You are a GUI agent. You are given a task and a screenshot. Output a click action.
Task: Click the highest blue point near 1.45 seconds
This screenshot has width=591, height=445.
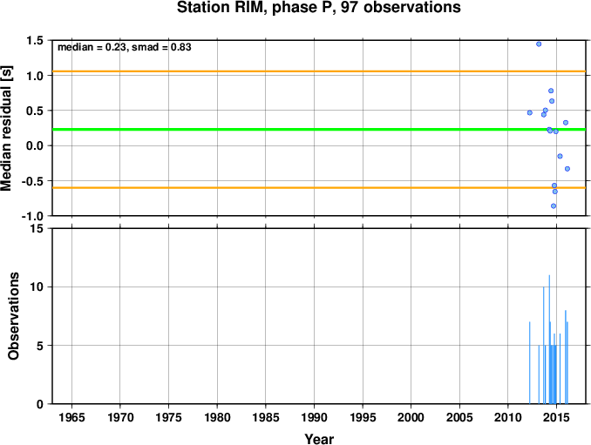539,44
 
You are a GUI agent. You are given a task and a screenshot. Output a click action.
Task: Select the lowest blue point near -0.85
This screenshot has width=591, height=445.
554,206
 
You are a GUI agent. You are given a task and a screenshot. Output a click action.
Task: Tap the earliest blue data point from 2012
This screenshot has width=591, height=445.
530,112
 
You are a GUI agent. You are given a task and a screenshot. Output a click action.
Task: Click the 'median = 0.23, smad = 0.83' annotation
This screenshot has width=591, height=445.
125,47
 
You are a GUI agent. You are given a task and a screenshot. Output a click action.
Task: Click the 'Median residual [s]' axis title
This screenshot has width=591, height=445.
6,128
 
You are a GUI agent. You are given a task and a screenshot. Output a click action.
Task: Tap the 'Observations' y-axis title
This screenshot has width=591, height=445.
14,316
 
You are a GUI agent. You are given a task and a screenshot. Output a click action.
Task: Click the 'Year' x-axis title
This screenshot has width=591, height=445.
319,439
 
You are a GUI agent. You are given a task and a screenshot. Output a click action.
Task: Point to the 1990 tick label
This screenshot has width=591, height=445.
314,417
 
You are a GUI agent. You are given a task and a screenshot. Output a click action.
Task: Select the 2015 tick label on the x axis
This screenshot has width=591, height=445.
556,417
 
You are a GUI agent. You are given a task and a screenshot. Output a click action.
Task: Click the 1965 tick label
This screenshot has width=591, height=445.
71,417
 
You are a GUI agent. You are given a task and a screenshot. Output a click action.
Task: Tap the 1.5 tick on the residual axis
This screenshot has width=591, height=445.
35,40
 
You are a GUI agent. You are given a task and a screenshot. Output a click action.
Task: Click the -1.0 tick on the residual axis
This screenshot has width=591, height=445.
32,216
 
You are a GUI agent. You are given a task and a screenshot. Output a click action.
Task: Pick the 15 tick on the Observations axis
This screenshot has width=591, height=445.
37,228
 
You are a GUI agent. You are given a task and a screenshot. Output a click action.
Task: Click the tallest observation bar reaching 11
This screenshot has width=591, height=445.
549,340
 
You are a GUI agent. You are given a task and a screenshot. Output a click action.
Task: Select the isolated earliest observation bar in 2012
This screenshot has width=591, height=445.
530,362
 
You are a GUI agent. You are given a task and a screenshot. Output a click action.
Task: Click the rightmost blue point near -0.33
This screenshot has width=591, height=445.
567,169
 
